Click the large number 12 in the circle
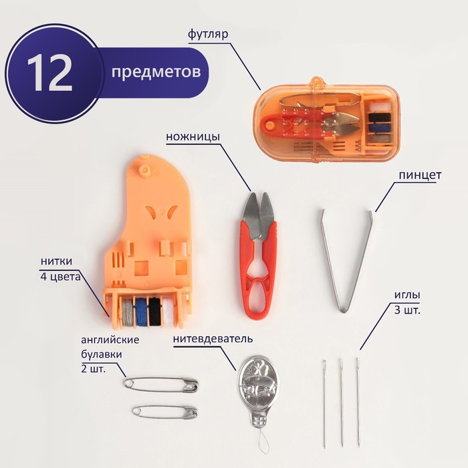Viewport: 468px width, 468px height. pyautogui.click(x=50, y=72)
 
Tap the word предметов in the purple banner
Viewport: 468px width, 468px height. pyautogui.click(x=156, y=72)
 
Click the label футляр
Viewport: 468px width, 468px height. pyautogui.click(x=208, y=34)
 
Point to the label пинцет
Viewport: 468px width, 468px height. pyautogui.click(x=420, y=175)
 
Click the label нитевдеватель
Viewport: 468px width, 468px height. pyautogui.click(x=213, y=339)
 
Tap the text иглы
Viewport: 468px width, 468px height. pyautogui.click(x=407, y=296)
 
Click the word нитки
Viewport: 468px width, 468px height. pyautogui.click(x=56, y=261)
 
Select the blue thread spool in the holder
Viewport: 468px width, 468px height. pyautogui.click(x=142, y=312)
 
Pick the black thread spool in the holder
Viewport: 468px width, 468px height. pyautogui.click(x=154, y=312)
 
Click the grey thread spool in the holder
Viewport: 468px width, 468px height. pyautogui.click(x=128, y=312)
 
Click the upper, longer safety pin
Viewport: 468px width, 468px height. pyautogui.click(x=161, y=385)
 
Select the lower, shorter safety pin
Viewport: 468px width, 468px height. pyautogui.click(x=165, y=413)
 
